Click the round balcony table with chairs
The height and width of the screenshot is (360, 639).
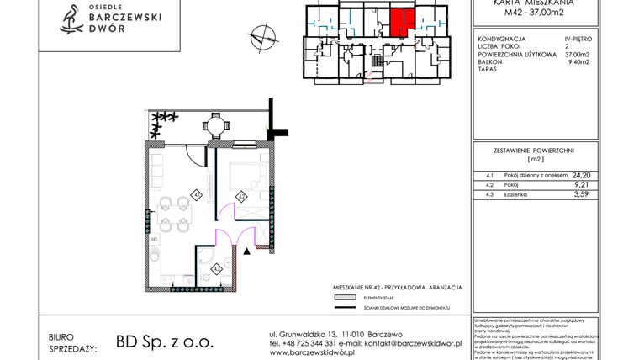point(216,127)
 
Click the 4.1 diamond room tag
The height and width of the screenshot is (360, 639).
point(196,194)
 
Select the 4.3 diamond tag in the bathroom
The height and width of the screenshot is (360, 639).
point(217,268)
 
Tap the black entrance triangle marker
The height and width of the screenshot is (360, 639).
point(246,250)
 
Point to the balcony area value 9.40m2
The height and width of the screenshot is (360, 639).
point(581,61)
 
